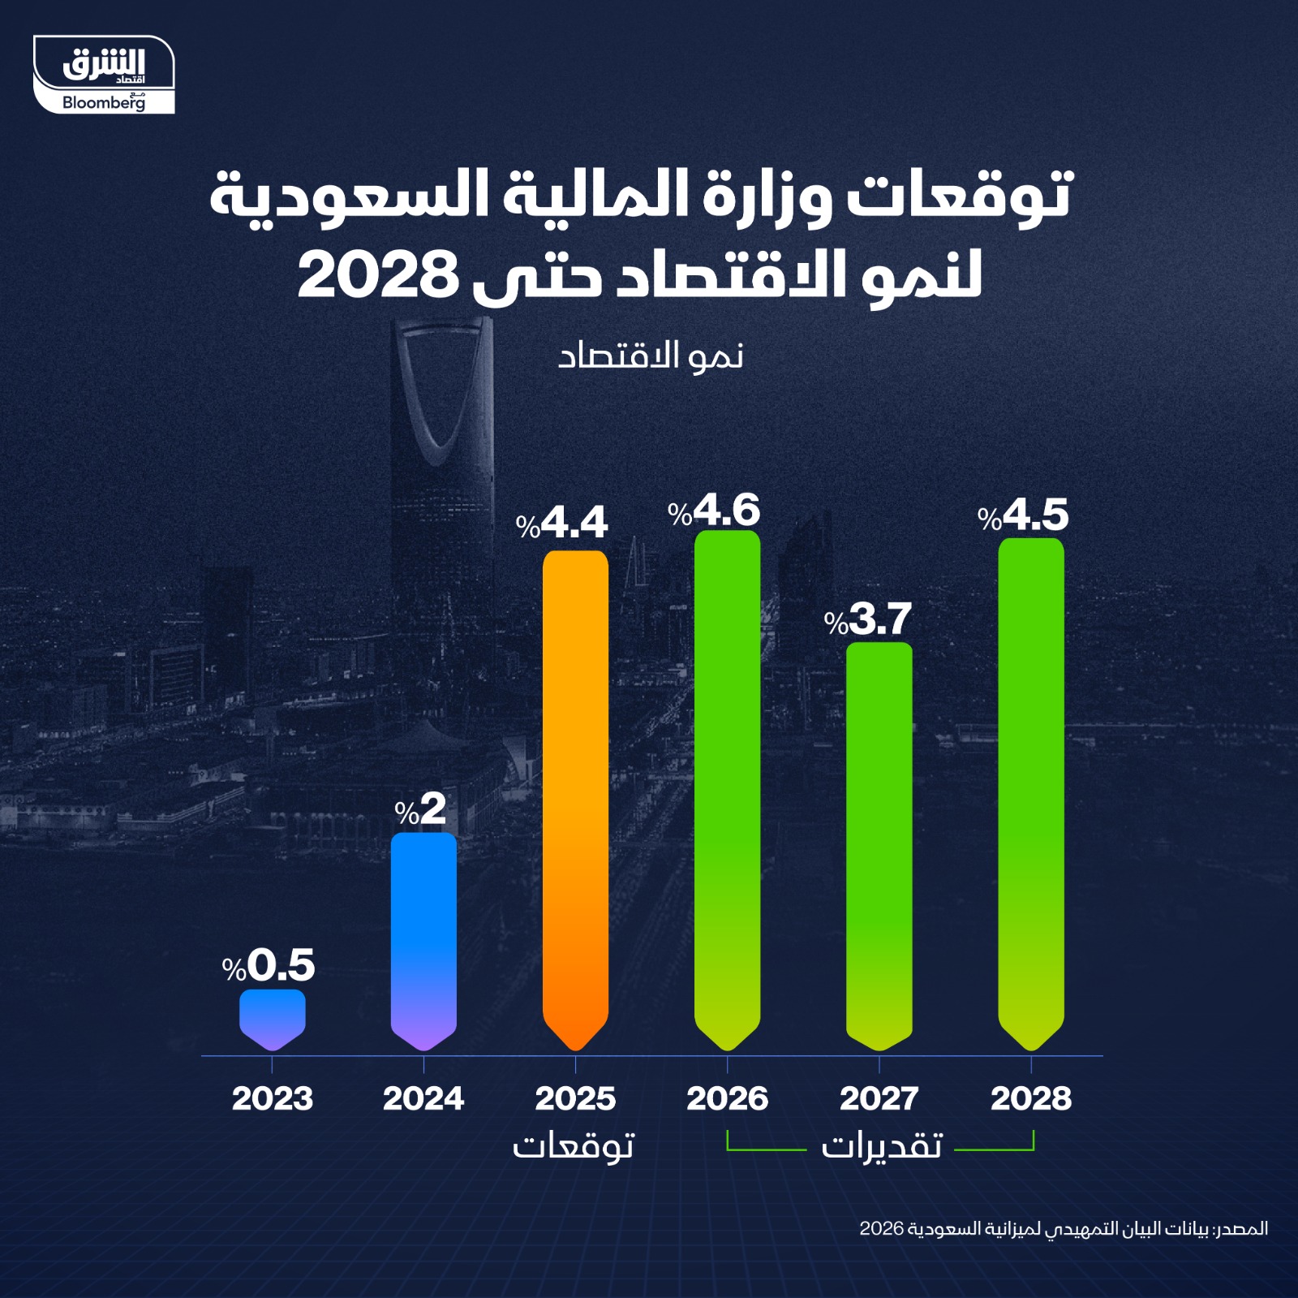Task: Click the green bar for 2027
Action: tap(879, 844)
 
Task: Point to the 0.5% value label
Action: tap(269, 965)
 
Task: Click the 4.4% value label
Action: tap(562, 524)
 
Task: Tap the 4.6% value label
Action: tap(714, 511)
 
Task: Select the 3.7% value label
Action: tap(868, 620)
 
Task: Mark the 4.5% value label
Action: tap(1023, 515)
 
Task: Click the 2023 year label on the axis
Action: tap(273, 1098)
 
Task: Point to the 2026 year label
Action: tap(727, 1098)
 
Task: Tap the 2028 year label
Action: tap(1031, 1098)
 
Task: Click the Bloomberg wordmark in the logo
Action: tap(102, 103)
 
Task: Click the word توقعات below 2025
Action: tap(573, 1145)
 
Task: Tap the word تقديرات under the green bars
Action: tap(881, 1145)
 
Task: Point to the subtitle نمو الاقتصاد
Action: tap(651, 356)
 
